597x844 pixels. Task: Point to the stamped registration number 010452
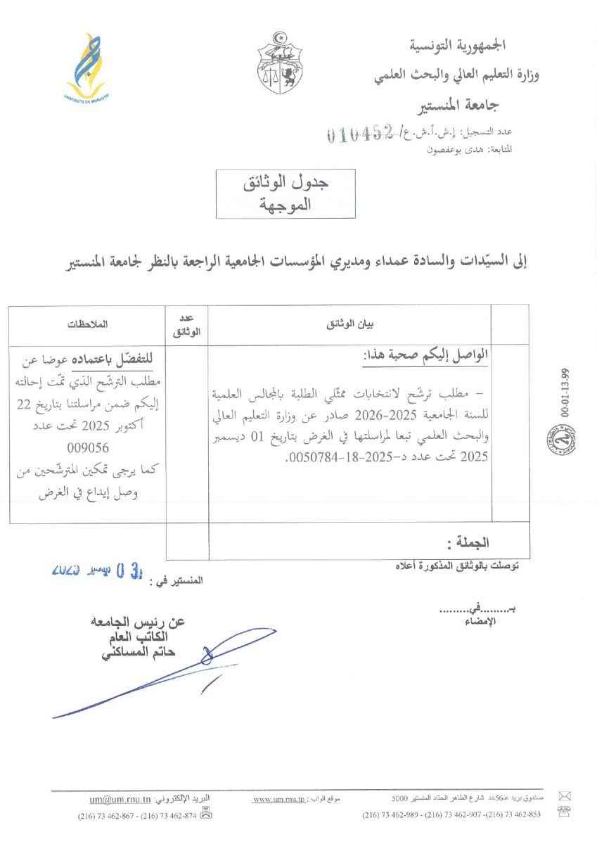[x=359, y=134]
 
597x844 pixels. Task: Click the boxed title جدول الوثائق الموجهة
[x=285, y=193]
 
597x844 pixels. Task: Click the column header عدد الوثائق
[x=186, y=324]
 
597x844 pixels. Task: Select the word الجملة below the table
[x=468, y=542]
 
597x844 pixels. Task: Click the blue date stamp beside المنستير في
[x=98, y=568]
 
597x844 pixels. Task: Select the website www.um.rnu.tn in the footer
[x=278, y=800]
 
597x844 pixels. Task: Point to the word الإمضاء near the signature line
[x=482, y=622]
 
